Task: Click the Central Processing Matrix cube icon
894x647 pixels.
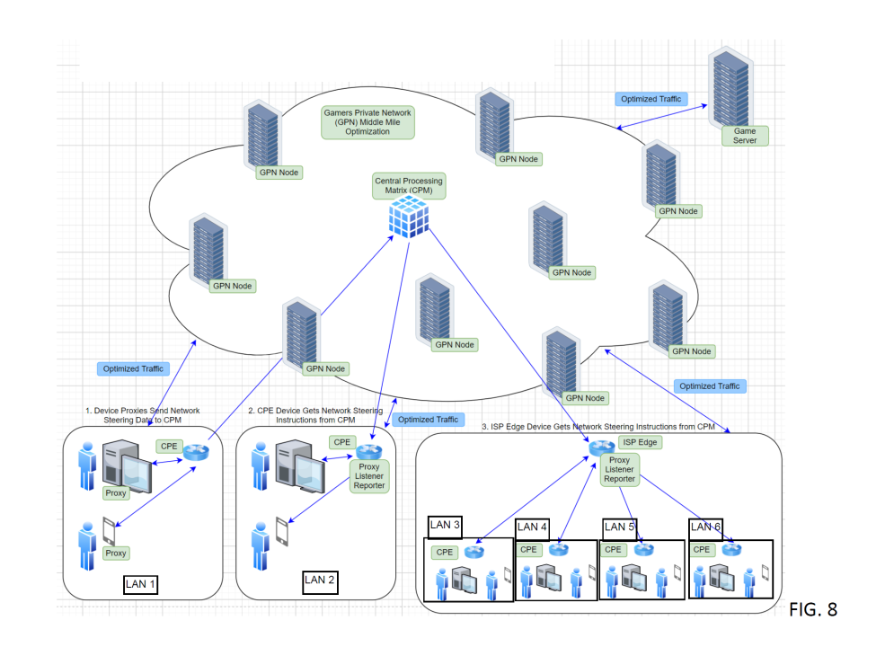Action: coord(408,217)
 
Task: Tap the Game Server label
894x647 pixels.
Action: coord(745,136)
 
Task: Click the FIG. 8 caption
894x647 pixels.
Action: coord(813,609)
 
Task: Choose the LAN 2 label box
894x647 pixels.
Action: coord(320,580)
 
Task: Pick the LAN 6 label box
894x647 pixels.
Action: coord(705,527)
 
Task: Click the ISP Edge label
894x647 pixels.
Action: coord(642,442)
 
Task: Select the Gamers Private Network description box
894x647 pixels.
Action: coord(368,121)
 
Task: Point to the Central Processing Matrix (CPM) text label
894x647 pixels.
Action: coord(409,186)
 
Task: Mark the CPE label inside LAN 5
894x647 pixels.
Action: coord(614,549)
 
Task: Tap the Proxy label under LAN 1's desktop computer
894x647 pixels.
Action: coord(116,492)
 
